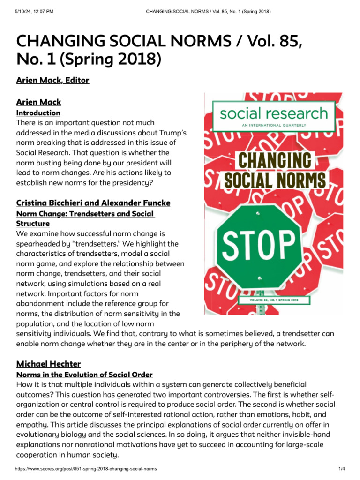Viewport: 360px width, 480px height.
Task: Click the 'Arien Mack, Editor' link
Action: [52, 80]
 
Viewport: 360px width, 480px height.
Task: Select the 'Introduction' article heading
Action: [38, 113]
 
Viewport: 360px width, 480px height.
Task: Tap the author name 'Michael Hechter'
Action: [49, 364]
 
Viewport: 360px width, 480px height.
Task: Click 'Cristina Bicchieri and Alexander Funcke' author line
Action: [93, 203]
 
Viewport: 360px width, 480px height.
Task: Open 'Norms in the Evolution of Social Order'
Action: [84, 375]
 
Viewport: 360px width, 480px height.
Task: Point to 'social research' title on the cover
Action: [274, 113]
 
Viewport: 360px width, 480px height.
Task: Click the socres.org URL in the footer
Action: [87, 469]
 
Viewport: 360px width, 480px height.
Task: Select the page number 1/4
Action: [342, 469]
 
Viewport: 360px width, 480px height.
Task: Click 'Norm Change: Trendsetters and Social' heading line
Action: [85, 214]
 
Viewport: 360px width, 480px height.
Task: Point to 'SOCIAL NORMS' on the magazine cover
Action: [275, 180]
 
